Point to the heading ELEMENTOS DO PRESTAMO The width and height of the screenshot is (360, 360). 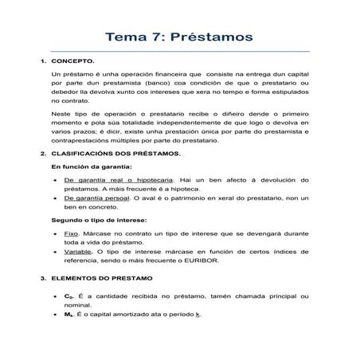pyautogui.click(x=96, y=279)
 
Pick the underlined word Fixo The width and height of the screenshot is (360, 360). pyautogui.click(x=70, y=237)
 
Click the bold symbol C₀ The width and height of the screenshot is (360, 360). pyautogui.click(x=68, y=295)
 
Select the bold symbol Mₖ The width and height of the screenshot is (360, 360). pyautogui.click(x=68, y=315)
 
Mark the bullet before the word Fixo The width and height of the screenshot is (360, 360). pyautogui.click(x=54, y=237)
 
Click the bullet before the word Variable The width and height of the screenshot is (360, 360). pyautogui.click(x=54, y=251)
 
